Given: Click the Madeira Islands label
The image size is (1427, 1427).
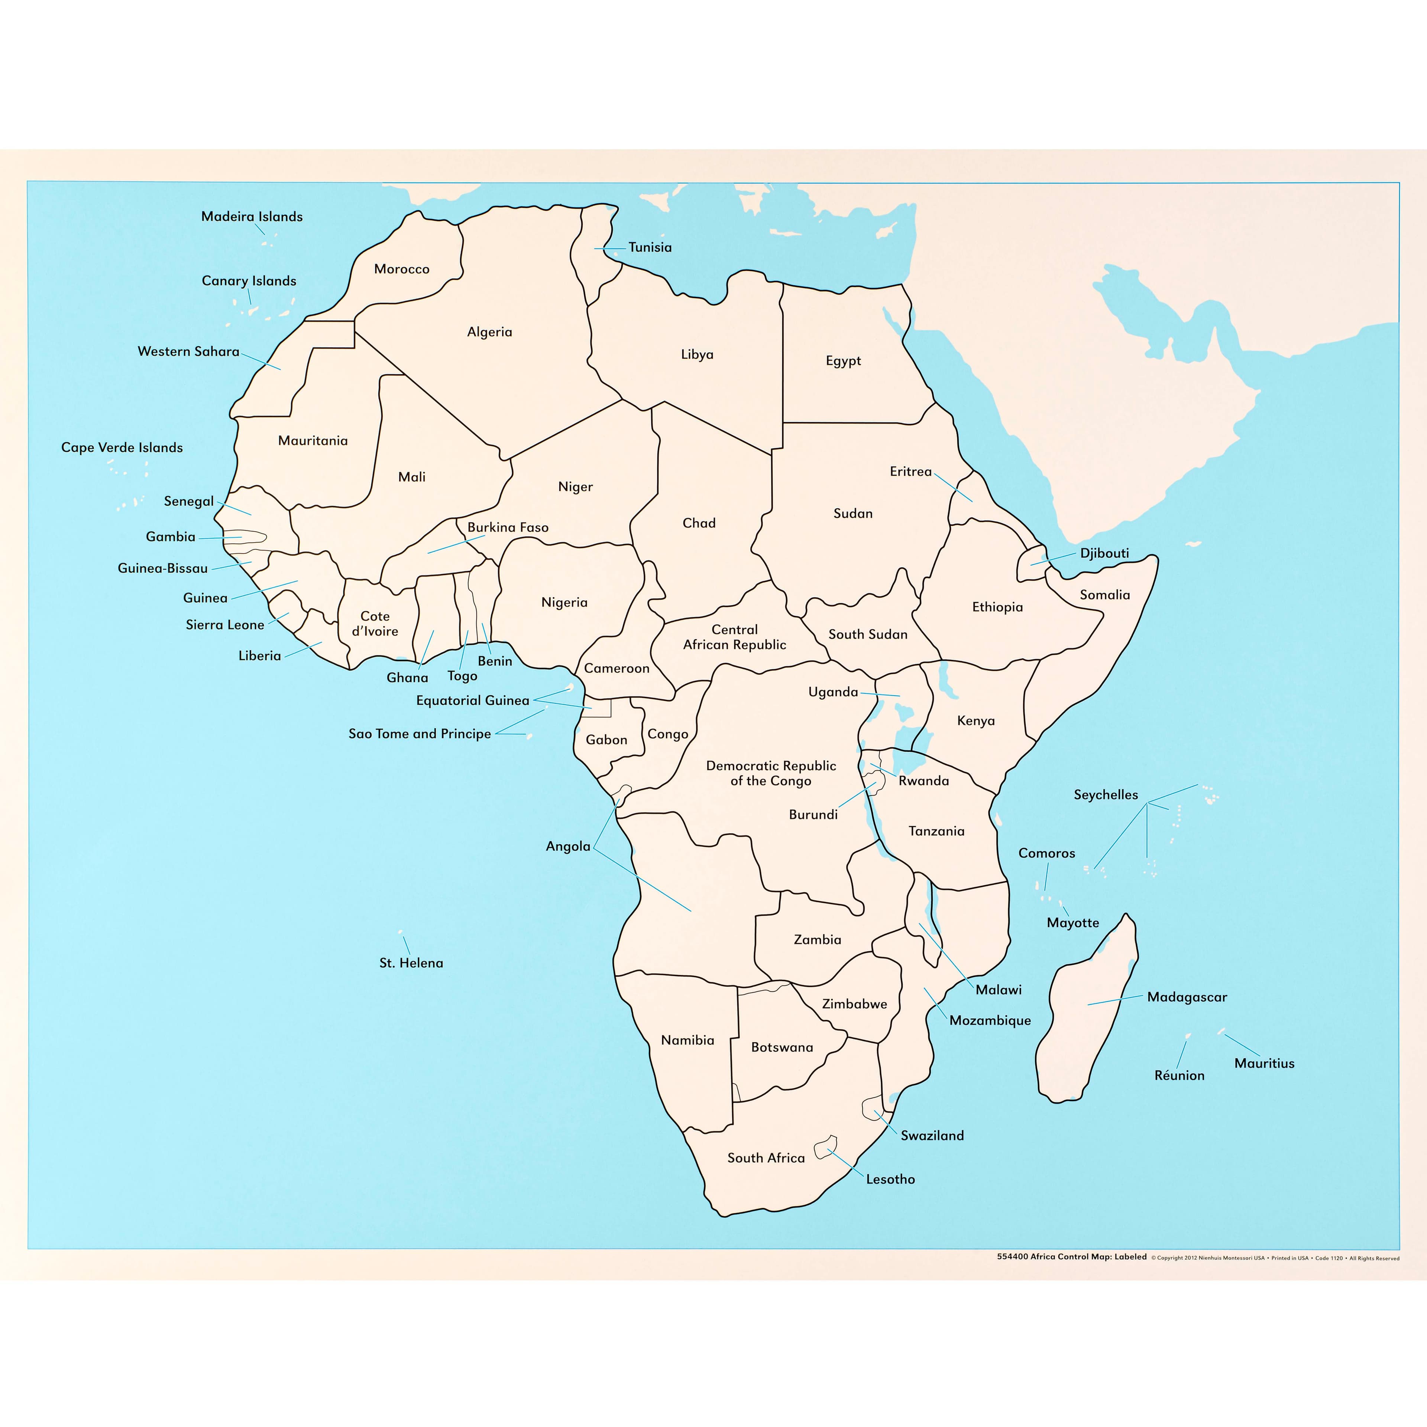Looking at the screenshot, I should coord(252,216).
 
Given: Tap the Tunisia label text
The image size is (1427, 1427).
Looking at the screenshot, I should coord(650,247).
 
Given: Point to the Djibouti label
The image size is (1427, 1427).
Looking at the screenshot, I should coord(1104,553).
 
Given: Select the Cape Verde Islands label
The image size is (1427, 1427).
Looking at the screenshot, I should coord(122,447).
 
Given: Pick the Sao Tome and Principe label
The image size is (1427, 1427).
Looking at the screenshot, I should coord(420,734).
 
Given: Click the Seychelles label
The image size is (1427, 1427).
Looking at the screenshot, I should coord(1106,795).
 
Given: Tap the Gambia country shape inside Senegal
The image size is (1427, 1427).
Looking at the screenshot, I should coord(247,538).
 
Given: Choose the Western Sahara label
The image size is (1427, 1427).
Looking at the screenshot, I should coord(188,352).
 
